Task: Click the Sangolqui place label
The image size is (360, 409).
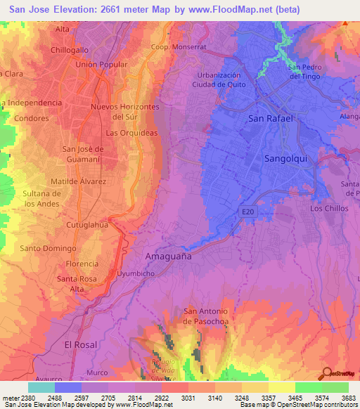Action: pos(285,159)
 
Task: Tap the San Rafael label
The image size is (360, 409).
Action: pos(271,119)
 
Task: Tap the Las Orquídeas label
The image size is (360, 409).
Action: pos(130,132)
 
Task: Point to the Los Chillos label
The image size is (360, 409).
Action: pos(328,208)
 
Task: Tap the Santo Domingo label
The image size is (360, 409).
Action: pos(48,248)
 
